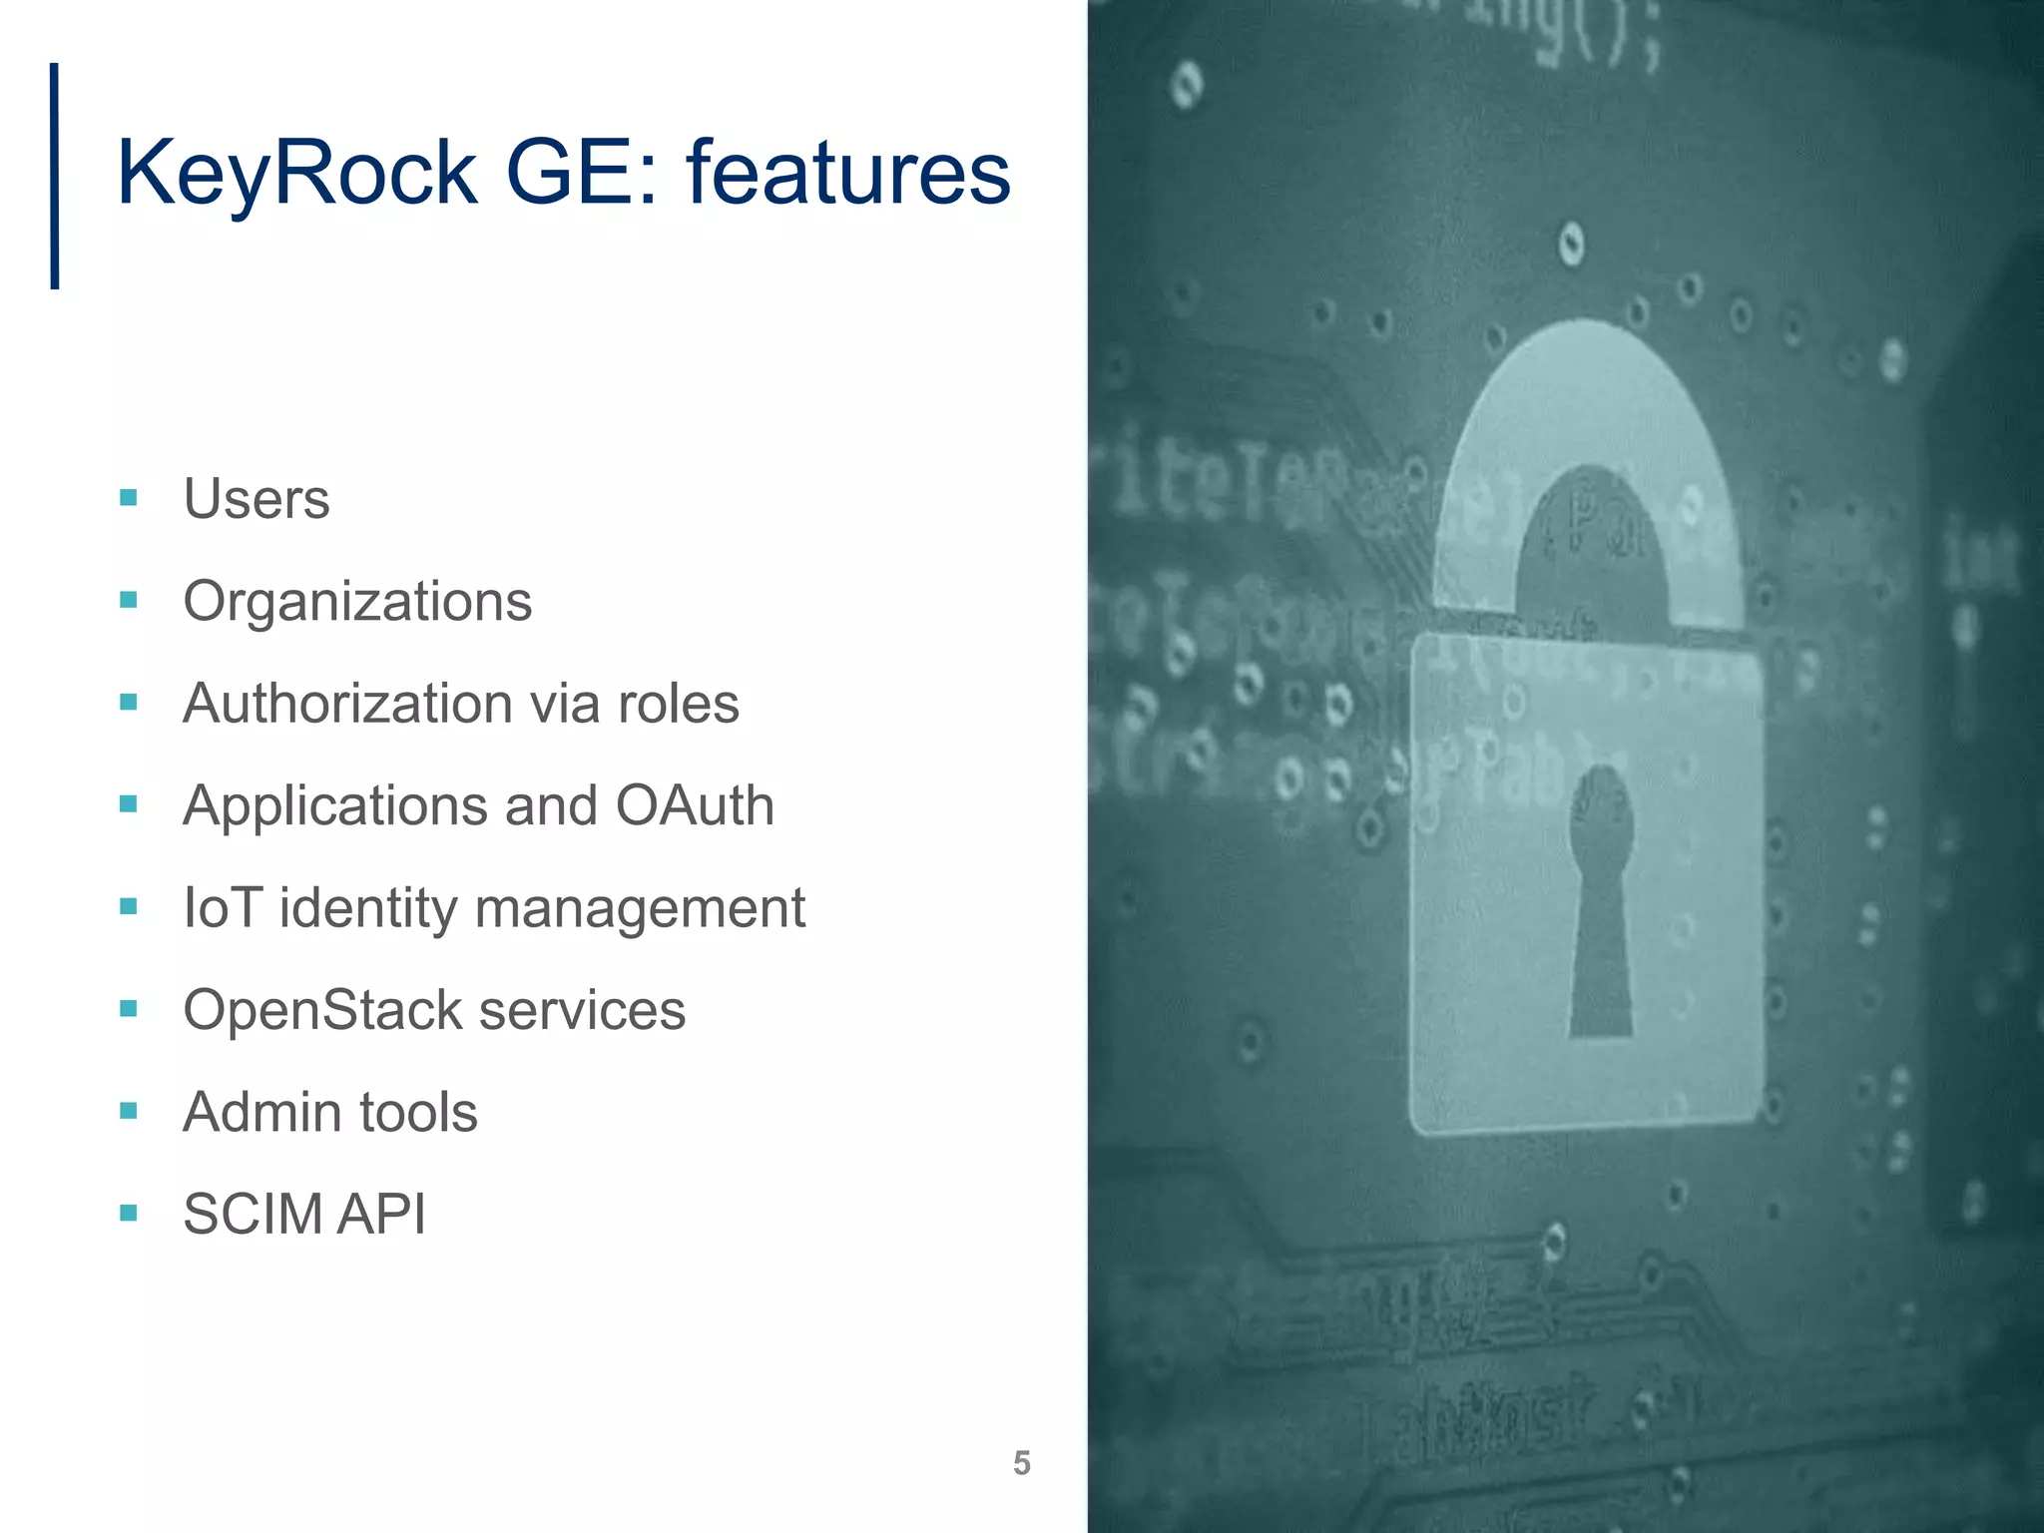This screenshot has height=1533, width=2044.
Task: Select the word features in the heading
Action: point(848,172)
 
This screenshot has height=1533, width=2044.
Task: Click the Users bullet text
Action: point(256,499)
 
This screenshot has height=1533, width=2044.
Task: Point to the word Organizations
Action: point(357,602)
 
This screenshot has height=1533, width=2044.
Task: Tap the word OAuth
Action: point(695,805)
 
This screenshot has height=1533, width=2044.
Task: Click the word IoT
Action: point(222,908)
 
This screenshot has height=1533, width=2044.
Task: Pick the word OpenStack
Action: point(321,1010)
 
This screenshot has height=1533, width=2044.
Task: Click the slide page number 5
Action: point(1021,1463)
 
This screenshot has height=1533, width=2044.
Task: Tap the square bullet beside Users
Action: point(128,497)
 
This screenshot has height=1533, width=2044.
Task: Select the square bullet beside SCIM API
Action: point(128,1214)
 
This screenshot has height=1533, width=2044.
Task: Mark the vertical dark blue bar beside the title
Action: point(55,177)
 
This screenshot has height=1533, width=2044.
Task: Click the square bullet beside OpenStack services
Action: point(128,1009)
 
